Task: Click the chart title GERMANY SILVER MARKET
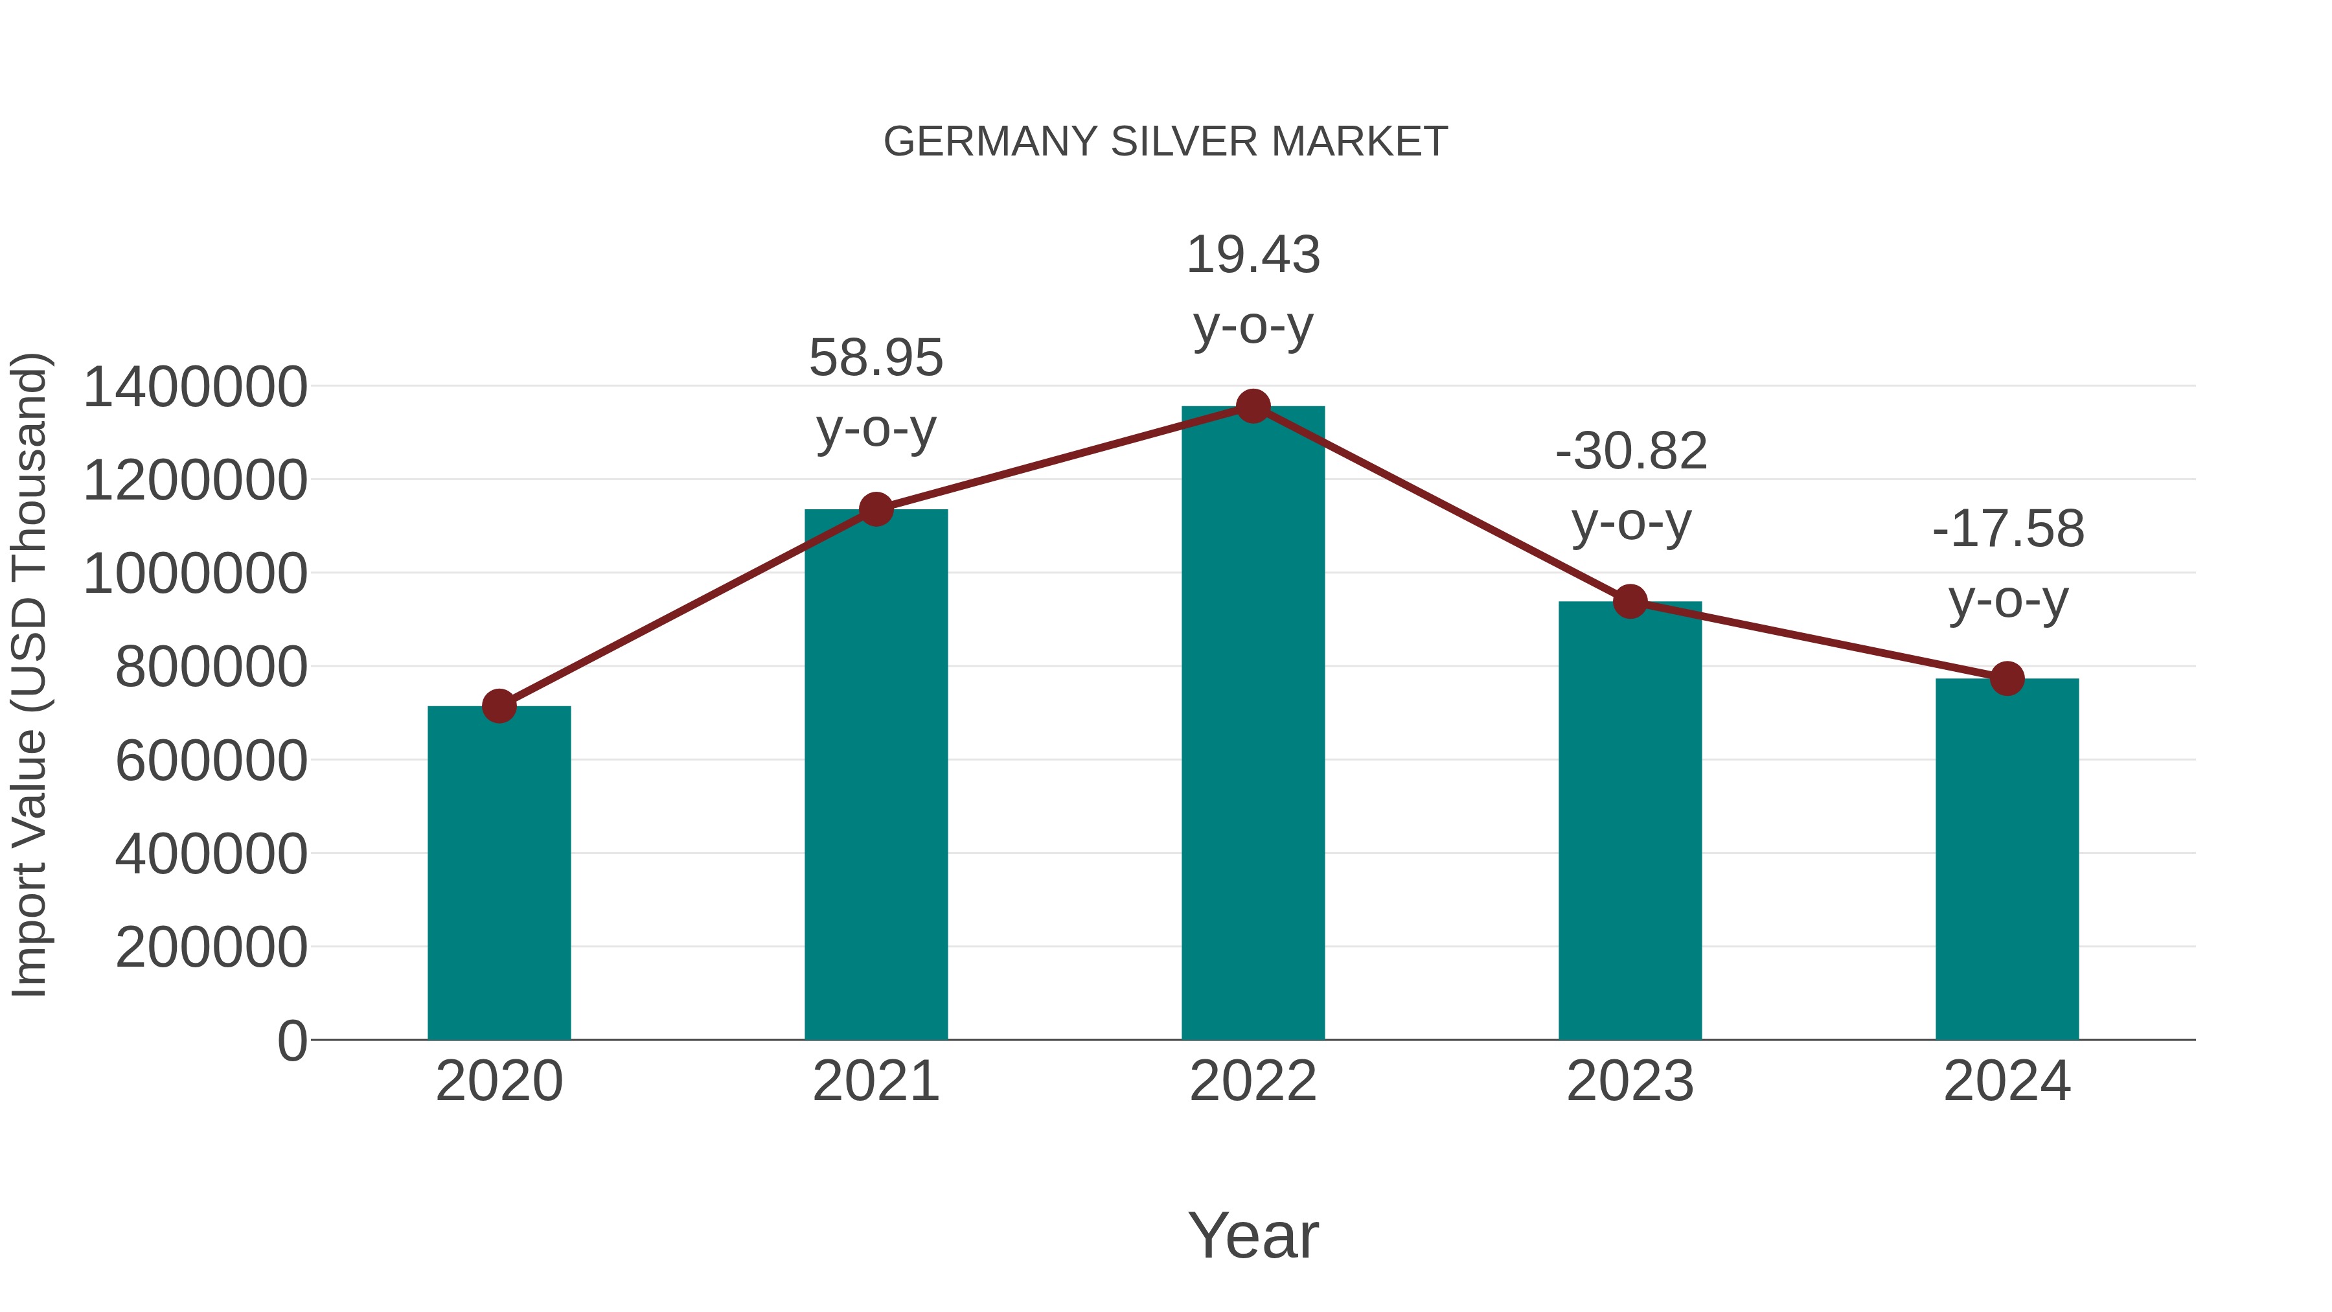tap(1165, 142)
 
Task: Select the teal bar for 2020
tap(499, 874)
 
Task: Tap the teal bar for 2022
tap(1253, 724)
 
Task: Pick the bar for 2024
tap(2007, 860)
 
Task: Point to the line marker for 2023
tap(1630, 601)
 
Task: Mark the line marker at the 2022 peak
tap(1253, 406)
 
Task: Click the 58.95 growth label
tap(875, 358)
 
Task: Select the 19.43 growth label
tap(1253, 255)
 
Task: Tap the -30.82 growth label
tap(1630, 451)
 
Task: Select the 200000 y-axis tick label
tap(212, 947)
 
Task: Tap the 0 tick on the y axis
tap(292, 1041)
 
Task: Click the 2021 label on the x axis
tap(875, 1081)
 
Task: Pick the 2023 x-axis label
tap(1630, 1081)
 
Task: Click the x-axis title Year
tap(1253, 1235)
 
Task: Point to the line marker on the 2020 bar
tap(499, 706)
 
